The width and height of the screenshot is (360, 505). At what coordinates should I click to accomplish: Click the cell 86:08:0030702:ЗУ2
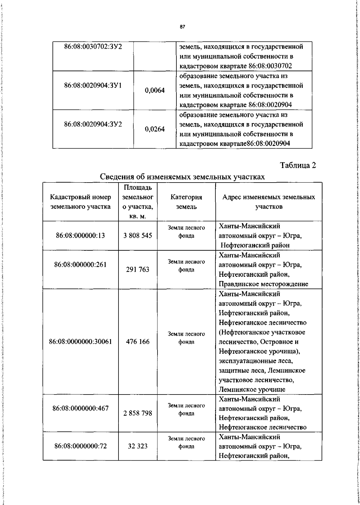[x=93, y=47]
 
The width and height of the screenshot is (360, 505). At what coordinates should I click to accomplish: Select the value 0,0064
[x=155, y=90]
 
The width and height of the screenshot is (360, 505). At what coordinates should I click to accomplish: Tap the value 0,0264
[x=155, y=129]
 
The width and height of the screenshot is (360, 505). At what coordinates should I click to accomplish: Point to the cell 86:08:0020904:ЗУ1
[x=93, y=86]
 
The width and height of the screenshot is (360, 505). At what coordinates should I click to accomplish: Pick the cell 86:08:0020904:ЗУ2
[x=93, y=124]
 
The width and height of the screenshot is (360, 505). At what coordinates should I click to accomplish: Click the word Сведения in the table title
[x=116, y=177]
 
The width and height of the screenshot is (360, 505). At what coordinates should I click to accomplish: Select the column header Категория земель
[x=186, y=202]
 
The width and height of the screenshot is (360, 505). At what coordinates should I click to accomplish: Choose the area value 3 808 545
[x=138, y=236]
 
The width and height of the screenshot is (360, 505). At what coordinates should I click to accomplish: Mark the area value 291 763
[x=138, y=270]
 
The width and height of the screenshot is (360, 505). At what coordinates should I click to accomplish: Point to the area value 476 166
[x=138, y=342]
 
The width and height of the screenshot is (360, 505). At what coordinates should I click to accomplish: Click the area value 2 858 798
[x=138, y=413]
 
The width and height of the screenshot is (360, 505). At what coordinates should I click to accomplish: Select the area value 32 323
[x=138, y=446]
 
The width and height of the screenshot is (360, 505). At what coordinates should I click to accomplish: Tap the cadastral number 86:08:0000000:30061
[x=80, y=342]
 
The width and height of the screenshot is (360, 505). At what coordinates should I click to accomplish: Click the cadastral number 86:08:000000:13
[x=80, y=236]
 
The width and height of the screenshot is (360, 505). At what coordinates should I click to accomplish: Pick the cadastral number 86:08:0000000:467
[x=80, y=408]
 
